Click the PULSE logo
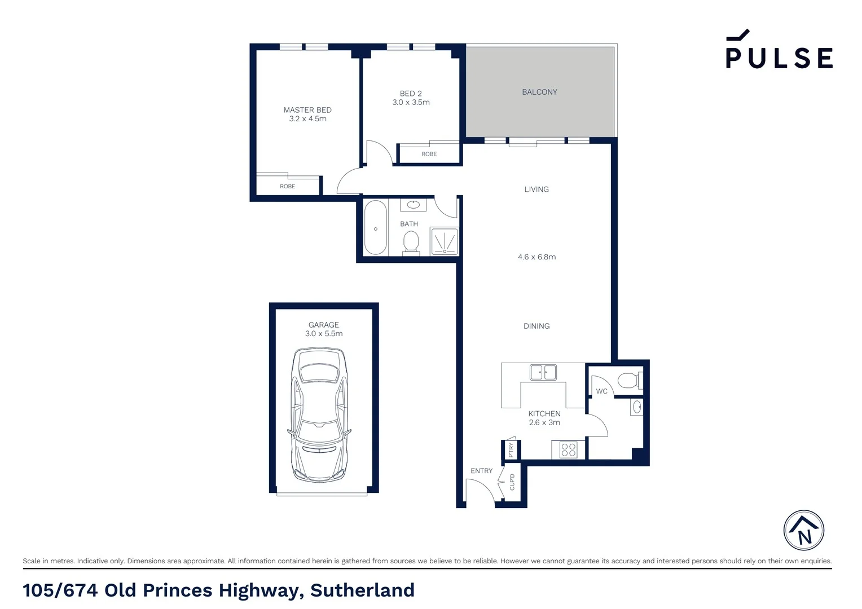coord(779,51)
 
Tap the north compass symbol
coord(803,531)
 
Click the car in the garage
coord(319,414)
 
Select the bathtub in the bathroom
coord(375,228)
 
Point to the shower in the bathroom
coord(444,241)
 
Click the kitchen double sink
coord(543,372)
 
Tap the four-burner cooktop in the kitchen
coord(568,449)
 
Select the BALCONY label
coord(539,92)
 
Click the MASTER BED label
coord(307,110)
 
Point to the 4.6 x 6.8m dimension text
coord(536,257)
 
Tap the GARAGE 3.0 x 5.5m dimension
coord(324,334)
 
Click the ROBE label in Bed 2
coord(429,154)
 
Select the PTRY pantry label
coord(511,449)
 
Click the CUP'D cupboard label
coord(512,482)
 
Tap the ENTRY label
coord(481,471)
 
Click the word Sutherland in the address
coord(362,590)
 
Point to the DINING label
coord(536,326)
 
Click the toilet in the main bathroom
coord(411,242)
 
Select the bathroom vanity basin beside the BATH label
coord(414,204)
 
